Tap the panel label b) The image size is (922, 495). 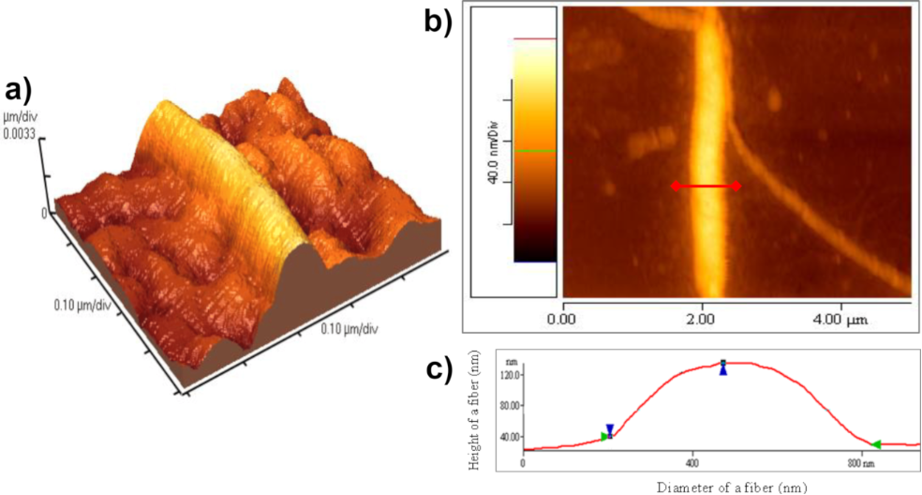click(439, 20)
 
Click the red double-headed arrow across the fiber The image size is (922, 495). click(706, 187)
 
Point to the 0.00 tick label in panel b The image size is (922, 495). click(562, 319)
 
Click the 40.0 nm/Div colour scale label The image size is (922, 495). click(490, 150)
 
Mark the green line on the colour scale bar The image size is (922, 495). click(535, 150)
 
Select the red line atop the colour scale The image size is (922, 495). click(535, 39)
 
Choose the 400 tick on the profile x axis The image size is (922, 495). click(692, 463)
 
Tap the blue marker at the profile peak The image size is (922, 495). click(723, 368)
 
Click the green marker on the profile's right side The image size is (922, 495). click(876, 444)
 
